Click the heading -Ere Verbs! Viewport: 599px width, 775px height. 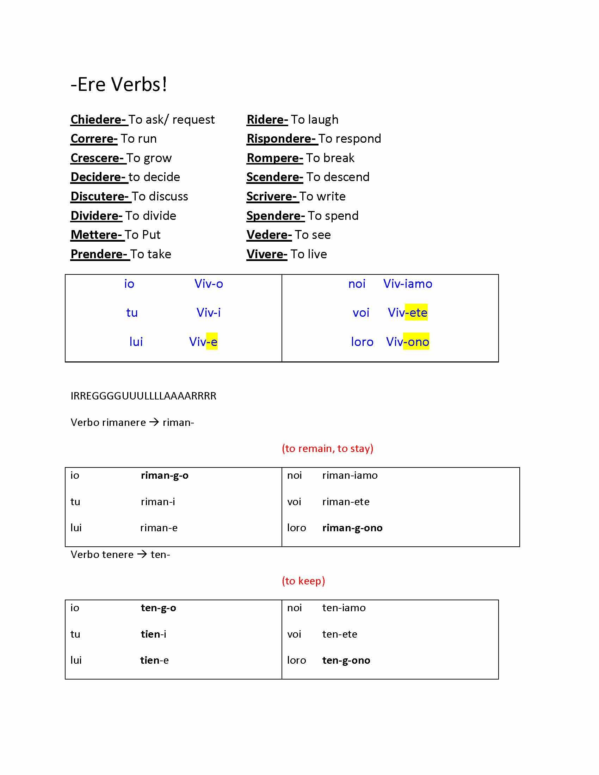[118, 85]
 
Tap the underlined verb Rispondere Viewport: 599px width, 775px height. [281, 139]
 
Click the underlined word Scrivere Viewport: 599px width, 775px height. [271, 197]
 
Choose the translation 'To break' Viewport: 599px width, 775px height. [330, 158]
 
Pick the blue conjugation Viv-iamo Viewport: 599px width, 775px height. [408, 284]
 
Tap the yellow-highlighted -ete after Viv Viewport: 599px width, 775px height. [418, 312]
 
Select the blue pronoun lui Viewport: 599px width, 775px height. [136, 342]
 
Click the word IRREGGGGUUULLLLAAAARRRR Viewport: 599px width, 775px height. [143, 396]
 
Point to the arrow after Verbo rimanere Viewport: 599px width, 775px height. [154, 422]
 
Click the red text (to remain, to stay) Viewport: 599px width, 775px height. [327, 448]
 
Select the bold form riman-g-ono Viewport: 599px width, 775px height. [352, 528]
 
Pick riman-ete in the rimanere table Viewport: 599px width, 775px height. [346, 502]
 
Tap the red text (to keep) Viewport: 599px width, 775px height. [303, 581]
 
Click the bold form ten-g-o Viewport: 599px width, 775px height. [158, 608]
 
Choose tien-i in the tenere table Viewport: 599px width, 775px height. [153, 634]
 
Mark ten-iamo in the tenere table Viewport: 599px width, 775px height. [344, 608]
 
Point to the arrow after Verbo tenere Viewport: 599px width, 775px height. [142, 554]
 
